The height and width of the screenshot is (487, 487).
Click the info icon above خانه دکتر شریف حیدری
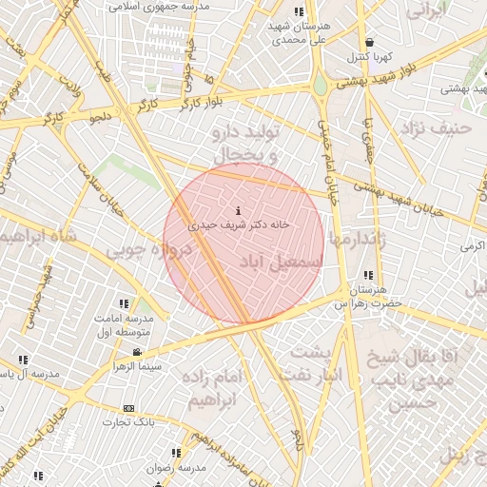[x=237, y=210]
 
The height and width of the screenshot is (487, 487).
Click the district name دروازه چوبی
[x=148, y=250]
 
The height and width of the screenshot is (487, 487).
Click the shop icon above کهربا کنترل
[x=369, y=42]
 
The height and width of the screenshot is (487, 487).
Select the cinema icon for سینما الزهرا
[x=139, y=352]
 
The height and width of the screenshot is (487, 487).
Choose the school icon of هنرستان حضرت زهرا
[x=367, y=276]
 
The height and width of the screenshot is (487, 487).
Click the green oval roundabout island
[x=320, y=87]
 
